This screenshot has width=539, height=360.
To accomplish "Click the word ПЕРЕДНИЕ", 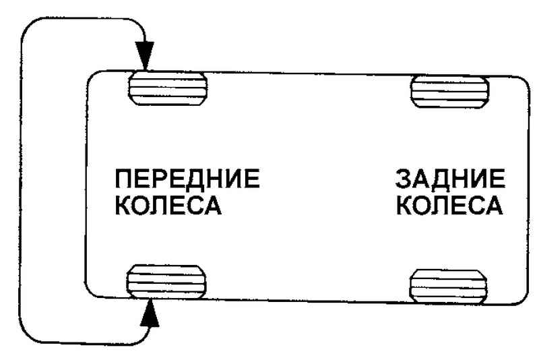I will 187,180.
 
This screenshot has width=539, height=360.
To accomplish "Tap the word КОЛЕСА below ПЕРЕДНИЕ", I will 168,205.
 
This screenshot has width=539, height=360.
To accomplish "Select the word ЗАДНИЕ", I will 449,180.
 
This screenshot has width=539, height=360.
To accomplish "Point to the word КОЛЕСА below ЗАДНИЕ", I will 449,205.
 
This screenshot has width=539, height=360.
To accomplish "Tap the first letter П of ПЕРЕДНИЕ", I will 124,180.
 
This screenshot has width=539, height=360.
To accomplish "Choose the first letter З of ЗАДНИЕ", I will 404,180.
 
